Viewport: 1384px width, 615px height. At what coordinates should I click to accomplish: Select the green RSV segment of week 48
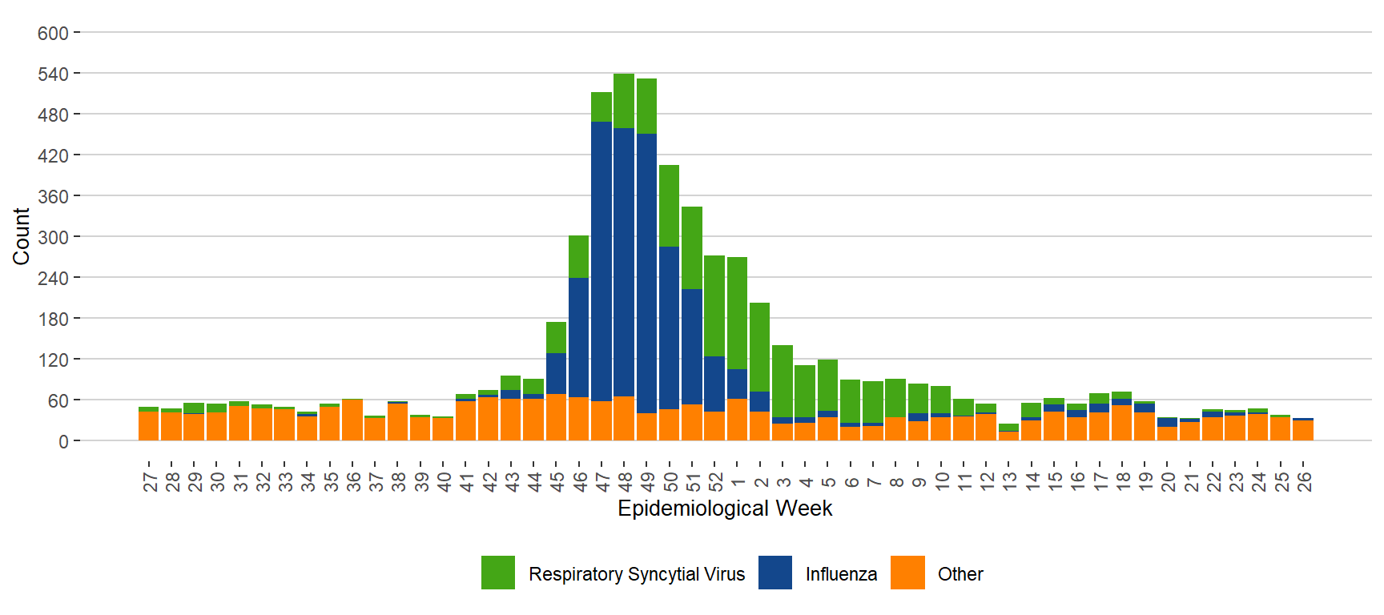[624, 101]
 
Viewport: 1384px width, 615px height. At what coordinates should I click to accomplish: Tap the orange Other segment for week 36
[352, 420]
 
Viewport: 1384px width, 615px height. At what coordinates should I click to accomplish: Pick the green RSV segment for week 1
[737, 312]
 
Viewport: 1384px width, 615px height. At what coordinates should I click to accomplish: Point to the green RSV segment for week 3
[783, 380]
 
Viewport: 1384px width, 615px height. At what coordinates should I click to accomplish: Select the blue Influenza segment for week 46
[578, 336]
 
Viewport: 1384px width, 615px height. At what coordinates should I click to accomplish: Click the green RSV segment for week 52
[714, 305]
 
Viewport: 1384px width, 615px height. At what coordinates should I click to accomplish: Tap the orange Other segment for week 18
[1122, 423]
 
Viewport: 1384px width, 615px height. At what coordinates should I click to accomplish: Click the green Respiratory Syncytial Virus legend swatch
[498, 573]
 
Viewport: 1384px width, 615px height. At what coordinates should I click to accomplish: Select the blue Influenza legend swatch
[774, 573]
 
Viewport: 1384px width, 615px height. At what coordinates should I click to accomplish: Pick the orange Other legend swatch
[907, 573]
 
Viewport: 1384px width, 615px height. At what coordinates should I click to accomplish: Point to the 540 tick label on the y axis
[53, 74]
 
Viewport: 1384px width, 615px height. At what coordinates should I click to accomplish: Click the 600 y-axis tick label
[53, 34]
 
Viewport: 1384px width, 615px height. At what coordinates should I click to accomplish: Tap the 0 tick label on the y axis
[63, 442]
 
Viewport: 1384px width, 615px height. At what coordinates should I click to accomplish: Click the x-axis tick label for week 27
[150, 481]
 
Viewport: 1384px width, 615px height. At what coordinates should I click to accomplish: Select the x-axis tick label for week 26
[1304, 481]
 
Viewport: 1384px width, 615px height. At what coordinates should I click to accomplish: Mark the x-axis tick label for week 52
[715, 481]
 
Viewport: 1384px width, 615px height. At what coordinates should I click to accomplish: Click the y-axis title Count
[21, 236]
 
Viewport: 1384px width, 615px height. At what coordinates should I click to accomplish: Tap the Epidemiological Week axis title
[725, 508]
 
